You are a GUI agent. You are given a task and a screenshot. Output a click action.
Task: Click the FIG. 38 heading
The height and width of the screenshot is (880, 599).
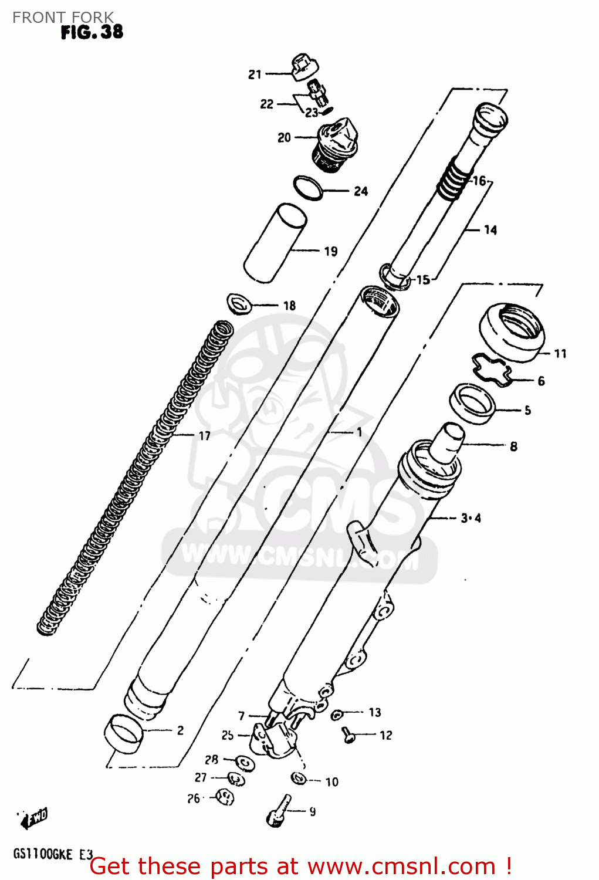coord(92,32)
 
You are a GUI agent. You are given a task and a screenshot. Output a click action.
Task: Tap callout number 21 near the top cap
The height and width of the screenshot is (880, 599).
coord(255,75)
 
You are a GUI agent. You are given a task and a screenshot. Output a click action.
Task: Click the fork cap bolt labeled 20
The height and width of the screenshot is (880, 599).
coord(333,145)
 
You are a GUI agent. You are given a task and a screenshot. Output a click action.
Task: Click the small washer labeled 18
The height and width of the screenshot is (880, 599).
coord(239,304)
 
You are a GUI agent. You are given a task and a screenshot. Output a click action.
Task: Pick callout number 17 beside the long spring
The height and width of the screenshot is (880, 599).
coord(204,436)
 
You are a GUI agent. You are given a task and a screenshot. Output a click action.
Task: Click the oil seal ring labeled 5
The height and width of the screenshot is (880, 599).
coord(472,402)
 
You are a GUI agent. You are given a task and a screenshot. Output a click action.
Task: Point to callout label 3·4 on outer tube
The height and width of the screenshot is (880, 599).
coord(471,518)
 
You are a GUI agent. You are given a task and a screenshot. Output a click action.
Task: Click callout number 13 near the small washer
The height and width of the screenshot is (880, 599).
coord(374,712)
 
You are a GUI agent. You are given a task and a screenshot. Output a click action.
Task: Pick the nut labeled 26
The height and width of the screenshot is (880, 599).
coord(225,797)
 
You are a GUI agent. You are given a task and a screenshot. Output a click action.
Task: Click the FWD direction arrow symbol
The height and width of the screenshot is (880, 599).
coord(35,818)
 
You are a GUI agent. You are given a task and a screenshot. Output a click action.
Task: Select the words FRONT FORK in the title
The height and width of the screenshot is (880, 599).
coord(63,18)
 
